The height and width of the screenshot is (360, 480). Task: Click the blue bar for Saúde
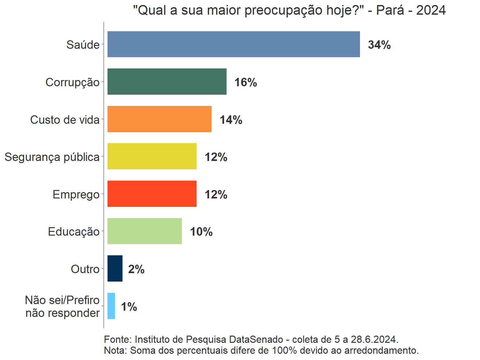(233, 44)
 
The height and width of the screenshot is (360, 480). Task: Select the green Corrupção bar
(167, 82)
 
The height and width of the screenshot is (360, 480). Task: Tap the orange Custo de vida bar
(159, 119)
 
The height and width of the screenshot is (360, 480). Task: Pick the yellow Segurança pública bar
(152, 156)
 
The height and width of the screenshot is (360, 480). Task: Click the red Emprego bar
(152, 194)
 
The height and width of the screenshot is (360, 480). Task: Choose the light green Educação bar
(144, 231)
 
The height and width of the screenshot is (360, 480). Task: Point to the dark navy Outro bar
(115, 268)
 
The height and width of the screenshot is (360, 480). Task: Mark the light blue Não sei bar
(111, 306)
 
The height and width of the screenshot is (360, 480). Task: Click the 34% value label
(379, 45)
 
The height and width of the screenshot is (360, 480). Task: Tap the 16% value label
(246, 82)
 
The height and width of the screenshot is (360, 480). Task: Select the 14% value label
(231, 120)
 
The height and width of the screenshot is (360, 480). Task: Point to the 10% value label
(201, 232)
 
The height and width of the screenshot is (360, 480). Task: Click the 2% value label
(136, 269)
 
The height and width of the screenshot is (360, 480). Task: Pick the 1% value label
(129, 307)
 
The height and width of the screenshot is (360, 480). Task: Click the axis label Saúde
(83, 45)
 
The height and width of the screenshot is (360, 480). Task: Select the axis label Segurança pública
(52, 157)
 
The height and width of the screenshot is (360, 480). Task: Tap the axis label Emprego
(76, 194)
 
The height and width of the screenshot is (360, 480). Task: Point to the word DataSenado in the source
(256, 339)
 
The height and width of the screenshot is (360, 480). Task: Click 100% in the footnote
(284, 350)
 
